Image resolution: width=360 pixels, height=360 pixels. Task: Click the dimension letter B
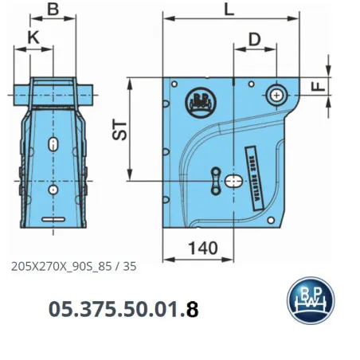[53, 10]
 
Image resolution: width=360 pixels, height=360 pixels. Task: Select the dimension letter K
[33, 38]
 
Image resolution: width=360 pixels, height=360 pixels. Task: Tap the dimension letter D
[254, 38]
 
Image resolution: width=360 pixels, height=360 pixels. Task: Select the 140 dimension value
[205, 248]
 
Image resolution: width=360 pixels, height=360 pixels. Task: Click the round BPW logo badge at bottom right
[310, 302]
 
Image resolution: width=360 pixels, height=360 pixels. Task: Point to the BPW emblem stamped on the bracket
[198, 100]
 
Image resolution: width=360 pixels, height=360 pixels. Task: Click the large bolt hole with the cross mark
[276, 95]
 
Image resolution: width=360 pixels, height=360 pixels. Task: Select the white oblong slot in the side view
[236, 182]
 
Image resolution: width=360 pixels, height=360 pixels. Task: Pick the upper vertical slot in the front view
[52, 144]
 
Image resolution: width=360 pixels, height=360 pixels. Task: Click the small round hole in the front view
[52, 190]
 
